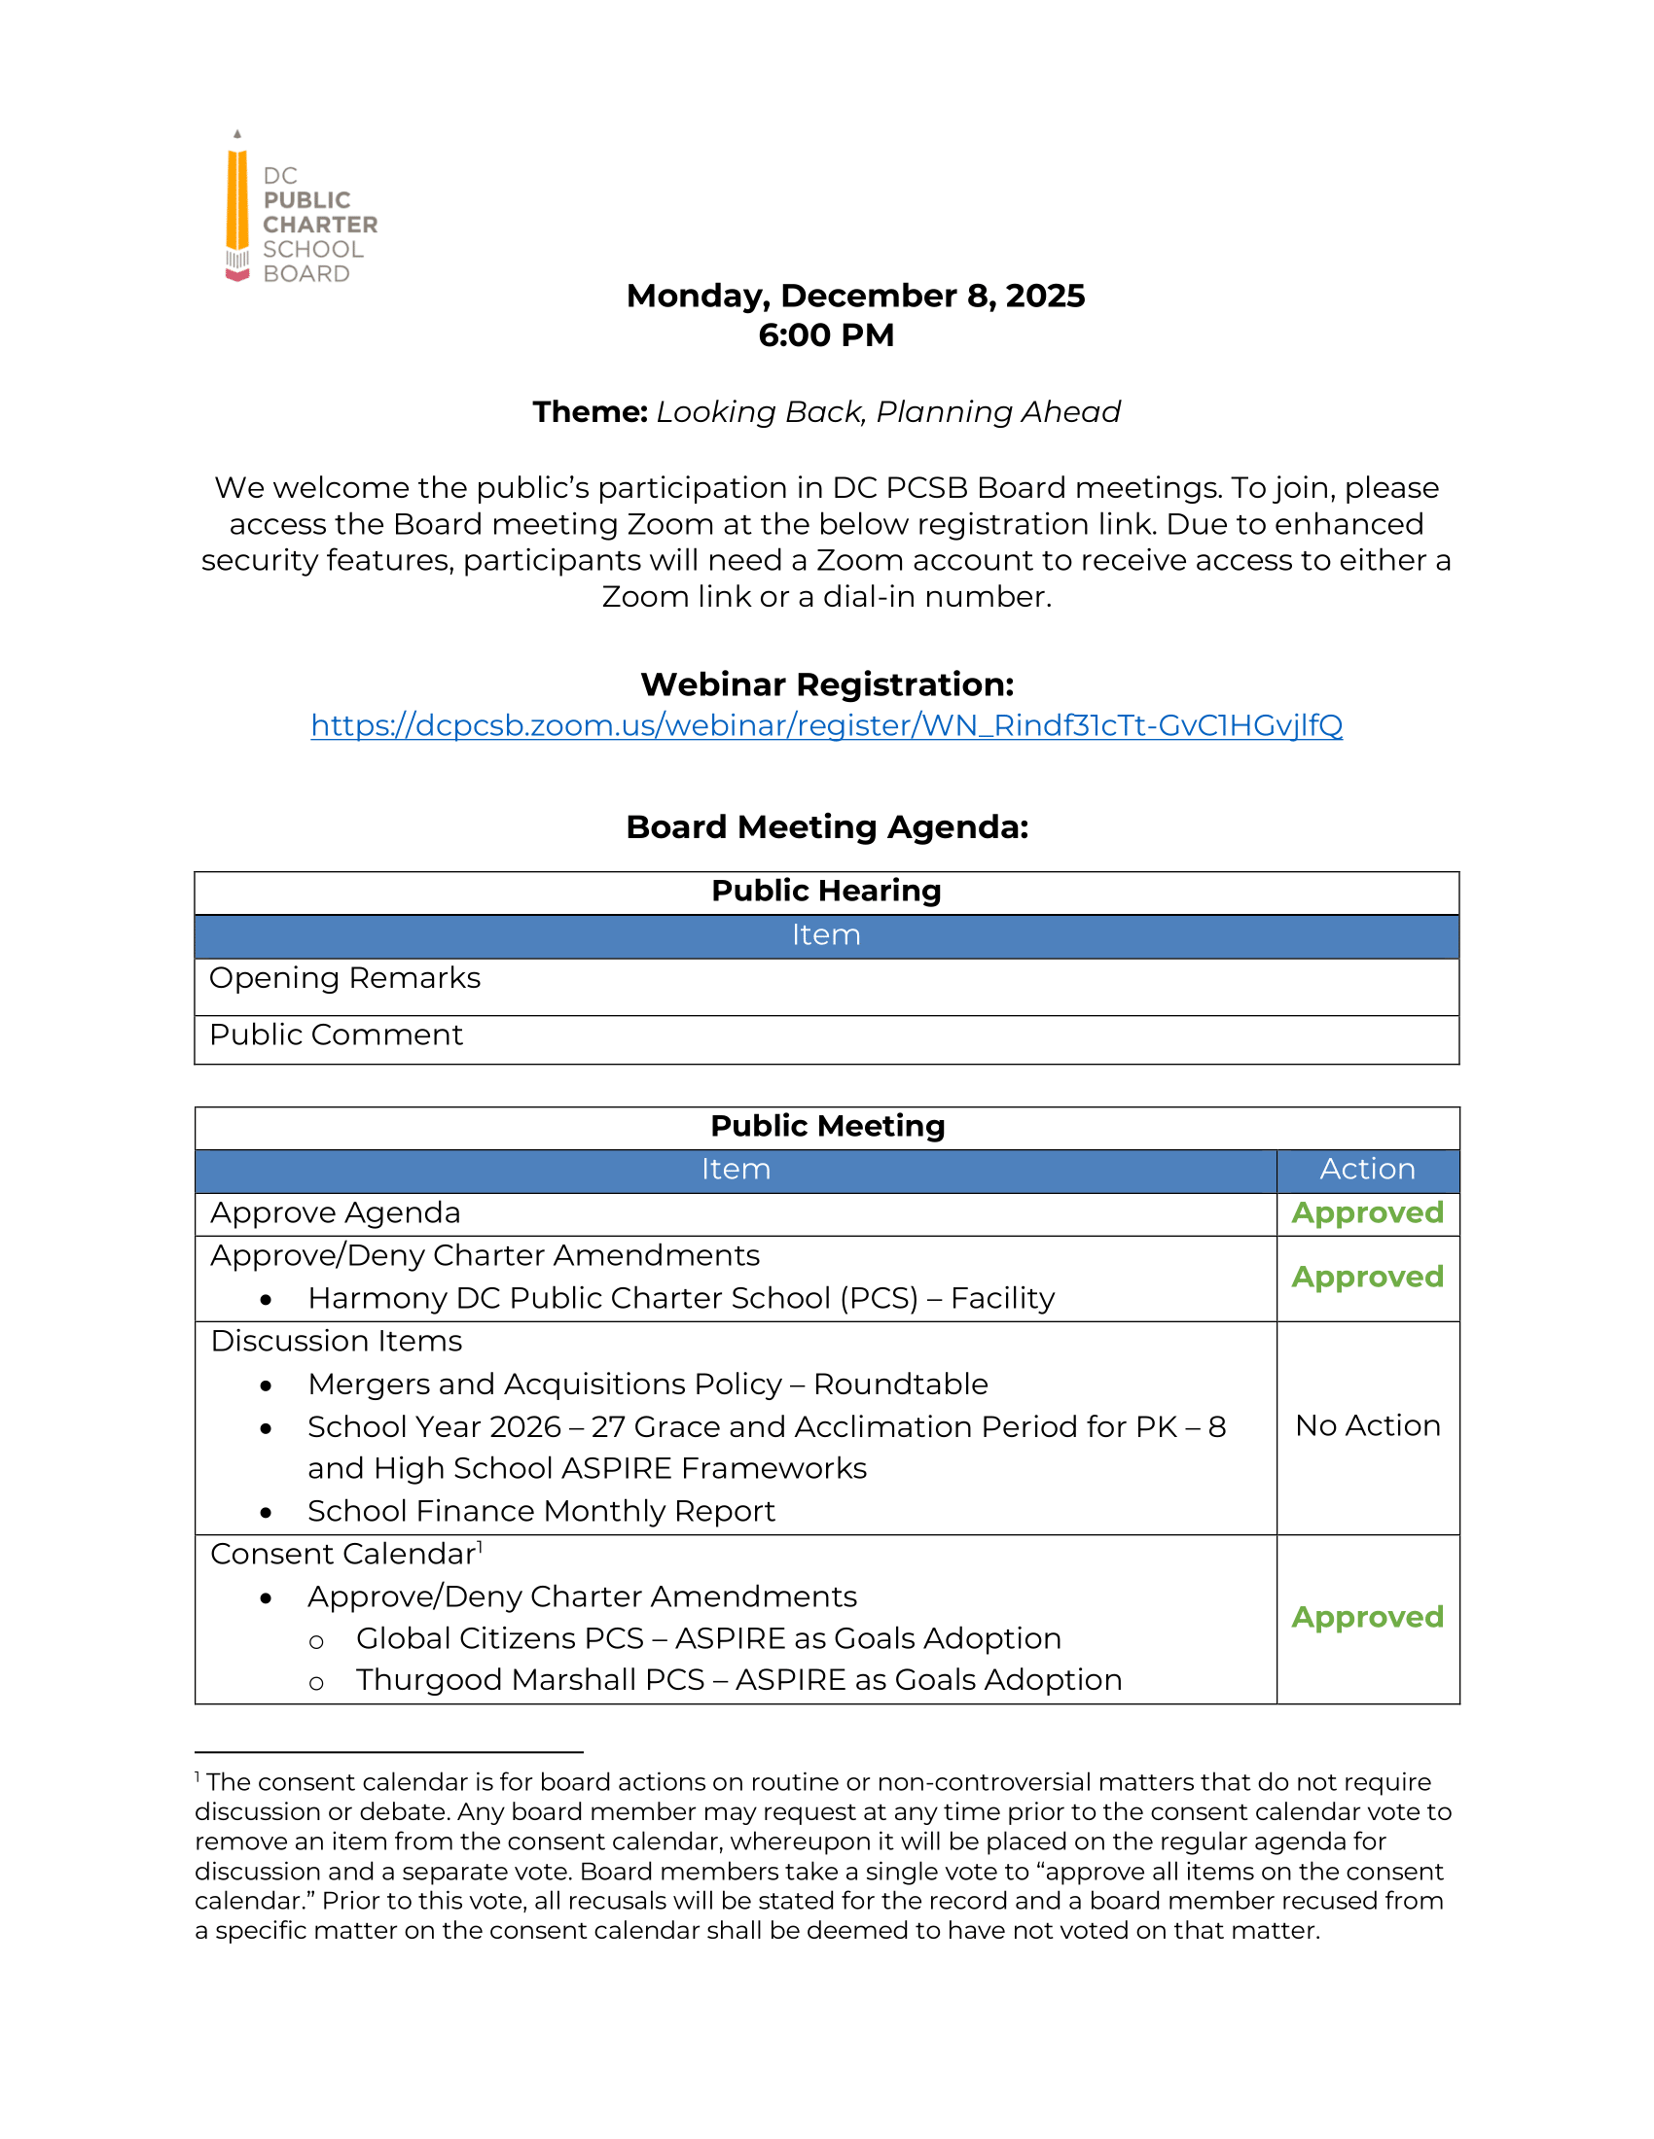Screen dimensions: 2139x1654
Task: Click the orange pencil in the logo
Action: point(237,201)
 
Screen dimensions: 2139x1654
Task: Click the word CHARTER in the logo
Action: point(319,225)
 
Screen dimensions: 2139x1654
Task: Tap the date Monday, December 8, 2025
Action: point(854,296)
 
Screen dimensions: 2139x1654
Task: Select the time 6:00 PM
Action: point(826,335)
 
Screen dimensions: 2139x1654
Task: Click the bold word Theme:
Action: point(590,411)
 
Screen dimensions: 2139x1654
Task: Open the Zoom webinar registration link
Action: point(826,724)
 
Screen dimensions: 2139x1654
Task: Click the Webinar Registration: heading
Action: point(826,684)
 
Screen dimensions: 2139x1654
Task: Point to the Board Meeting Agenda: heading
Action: point(826,826)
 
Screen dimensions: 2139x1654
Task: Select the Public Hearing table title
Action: point(826,891)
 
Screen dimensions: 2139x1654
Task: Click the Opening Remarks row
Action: point(345,977)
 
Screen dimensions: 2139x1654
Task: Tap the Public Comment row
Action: point(336,1034)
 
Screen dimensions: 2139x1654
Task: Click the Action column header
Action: point(1367,1169)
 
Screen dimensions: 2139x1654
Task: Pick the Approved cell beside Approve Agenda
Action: point(1367,1212)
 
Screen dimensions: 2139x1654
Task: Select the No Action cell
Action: point(1367,1425)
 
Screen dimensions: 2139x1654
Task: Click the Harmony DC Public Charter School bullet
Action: point(681,1298)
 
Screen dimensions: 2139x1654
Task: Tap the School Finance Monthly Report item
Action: point(541,1511)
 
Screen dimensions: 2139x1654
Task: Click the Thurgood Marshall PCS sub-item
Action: point(737,1680)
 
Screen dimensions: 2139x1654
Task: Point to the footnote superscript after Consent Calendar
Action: point(480,1545)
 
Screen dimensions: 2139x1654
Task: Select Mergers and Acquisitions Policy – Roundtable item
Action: point(647,1384)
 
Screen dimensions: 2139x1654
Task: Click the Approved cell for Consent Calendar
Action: point(1367,1617)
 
